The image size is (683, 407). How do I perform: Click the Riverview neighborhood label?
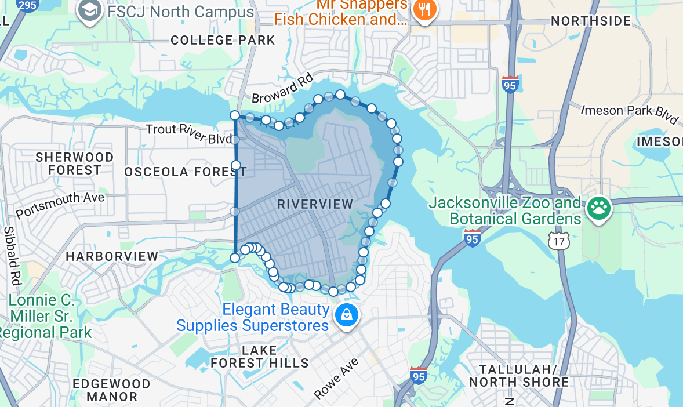click(x=315, y=204)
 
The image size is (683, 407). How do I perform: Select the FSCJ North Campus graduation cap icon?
click(x=90, y=11)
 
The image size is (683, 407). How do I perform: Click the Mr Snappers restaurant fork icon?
click(x=425, y=10)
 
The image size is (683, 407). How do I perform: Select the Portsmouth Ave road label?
click(x=60, y=205)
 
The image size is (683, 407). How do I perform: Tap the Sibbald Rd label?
click(x=11, y=255)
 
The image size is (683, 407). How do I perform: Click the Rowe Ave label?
click(x=337, y=378)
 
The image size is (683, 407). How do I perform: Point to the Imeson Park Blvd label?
click(x=630, y=114)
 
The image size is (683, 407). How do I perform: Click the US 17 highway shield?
click(x=560, y=240)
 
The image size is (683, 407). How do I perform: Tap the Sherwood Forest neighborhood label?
click(x=74, y=163)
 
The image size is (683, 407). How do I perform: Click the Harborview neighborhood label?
click(x=112, y=256)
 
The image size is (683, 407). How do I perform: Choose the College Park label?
click(x=223, y=40)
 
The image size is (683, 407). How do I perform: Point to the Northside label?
click(x=591, y=21)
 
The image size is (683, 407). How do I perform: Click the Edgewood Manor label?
click(x=112, y=390)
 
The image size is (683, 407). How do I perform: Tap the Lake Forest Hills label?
click(x=259, y=357)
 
